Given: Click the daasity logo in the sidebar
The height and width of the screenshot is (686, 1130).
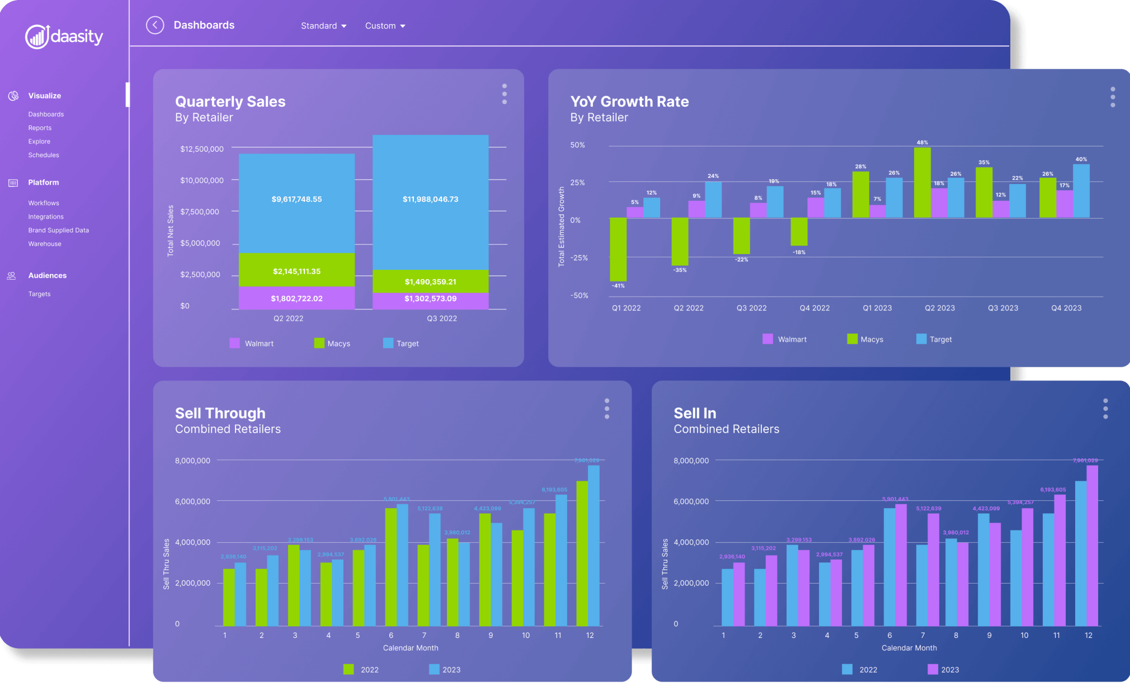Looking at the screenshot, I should [x=64, y=37].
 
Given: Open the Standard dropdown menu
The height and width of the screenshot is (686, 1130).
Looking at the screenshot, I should [x=323, y=26].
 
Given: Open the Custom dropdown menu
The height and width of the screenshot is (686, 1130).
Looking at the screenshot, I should [x=385, y=26].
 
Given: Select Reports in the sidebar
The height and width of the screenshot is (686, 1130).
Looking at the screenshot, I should [x=40, y=128].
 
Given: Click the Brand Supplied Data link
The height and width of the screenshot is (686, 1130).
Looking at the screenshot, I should [x=58, y=230].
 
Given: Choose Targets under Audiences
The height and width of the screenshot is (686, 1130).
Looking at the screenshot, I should [x=39, y=294].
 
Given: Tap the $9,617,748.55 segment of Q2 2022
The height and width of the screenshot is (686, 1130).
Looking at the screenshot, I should [x=296, y=199].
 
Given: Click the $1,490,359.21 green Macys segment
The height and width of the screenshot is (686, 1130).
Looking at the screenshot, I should [x=430, y=281].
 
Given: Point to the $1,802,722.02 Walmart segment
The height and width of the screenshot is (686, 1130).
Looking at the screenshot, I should [x=296, y=298].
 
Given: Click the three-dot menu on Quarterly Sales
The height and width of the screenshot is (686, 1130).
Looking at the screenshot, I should [x=504, y=94].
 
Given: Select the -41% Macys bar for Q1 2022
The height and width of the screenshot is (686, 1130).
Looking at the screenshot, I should [x=618, y=250].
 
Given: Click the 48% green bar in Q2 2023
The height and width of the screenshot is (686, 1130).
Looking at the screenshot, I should [x=922, y=182].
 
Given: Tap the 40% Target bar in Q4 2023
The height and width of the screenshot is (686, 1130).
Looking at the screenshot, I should [x=1081, y=191].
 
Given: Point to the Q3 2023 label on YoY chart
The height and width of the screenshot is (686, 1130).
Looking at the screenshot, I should [x=1002, y=308].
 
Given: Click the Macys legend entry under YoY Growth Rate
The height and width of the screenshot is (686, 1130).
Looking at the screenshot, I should [x=865, y=339].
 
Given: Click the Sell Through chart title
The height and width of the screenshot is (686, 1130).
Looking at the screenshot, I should [x=220, y=413].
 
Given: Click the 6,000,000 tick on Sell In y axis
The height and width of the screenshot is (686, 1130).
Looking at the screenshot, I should [x=691, y=501].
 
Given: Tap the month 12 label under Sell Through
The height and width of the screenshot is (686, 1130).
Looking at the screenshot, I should [x=590, y=635].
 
